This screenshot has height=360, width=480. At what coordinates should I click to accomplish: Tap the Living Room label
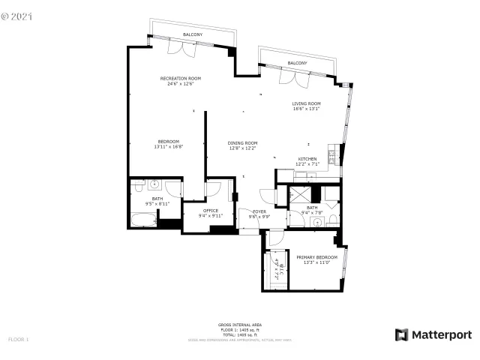click(307, 103)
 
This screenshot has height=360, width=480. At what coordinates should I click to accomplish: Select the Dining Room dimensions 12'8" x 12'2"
click(243, 148)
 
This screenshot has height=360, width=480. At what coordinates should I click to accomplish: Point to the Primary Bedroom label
click(316, 256)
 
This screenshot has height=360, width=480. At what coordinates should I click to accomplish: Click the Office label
click(211, 211)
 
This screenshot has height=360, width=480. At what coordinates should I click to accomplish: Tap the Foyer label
click(259, 211)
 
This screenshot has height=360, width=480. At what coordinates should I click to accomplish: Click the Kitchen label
click(307, 159)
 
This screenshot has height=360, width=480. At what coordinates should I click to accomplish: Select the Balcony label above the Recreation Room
click(193, 34)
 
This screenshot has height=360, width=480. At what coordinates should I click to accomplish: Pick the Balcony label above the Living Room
click(297, 63)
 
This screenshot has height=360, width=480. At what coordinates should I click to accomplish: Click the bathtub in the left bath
click(143, 220)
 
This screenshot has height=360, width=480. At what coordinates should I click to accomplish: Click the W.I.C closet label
click(276, 266)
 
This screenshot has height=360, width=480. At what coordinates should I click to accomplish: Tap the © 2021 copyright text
click(18, 14)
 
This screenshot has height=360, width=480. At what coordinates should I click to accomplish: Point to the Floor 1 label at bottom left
click(18, 340)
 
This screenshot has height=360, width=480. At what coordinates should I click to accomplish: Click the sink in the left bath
click(154, 184)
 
